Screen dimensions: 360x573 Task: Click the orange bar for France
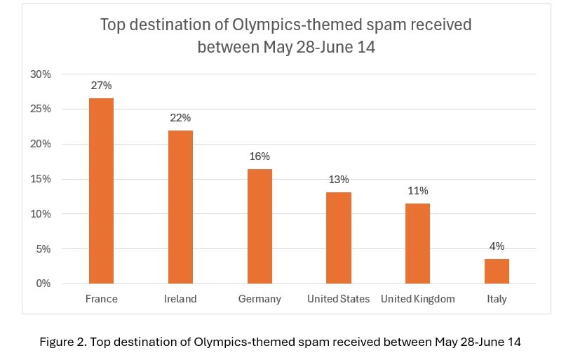coord(101,191)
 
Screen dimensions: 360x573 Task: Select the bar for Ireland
coord(180,207)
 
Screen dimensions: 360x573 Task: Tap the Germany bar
coord(259,226)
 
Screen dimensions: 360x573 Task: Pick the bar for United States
coord(339,238)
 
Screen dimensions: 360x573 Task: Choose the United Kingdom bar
coord(418,244)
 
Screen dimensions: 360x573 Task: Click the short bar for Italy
coord(497,271)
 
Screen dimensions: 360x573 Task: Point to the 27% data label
coord(101,86)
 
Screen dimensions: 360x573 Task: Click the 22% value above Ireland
coord(180,118)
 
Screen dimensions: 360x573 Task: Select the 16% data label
coord(259,156)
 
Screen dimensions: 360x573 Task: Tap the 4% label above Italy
coord(497,246)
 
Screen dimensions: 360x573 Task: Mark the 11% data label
coord(418,191)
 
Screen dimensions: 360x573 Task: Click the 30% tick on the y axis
coord(41,74)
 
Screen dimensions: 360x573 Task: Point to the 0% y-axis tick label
coord(43,284)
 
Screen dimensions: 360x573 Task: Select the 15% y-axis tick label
coord(41,179)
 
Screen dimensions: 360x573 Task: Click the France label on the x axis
coord(101,299)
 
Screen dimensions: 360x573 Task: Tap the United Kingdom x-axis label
coord(418,299)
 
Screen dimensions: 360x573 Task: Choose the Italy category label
coord(497,299)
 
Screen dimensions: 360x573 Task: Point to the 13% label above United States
coord(339,180)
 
